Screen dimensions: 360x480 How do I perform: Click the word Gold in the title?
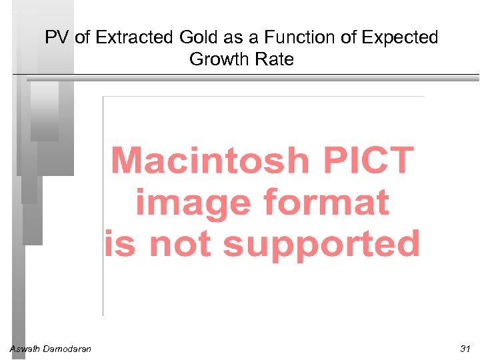(x=189, y=38)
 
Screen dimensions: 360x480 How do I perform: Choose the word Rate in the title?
(x=273, y=59)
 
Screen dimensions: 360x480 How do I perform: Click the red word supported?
(x=321, y=244)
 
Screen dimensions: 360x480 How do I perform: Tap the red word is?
(x=120, y=244)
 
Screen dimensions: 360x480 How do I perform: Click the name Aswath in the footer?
(x=25, y=349)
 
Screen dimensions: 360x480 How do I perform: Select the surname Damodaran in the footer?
(x=67, y=349)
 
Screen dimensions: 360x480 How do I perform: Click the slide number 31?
(x=465, y=349)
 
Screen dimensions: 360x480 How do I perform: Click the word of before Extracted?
(x=82, y=38)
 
